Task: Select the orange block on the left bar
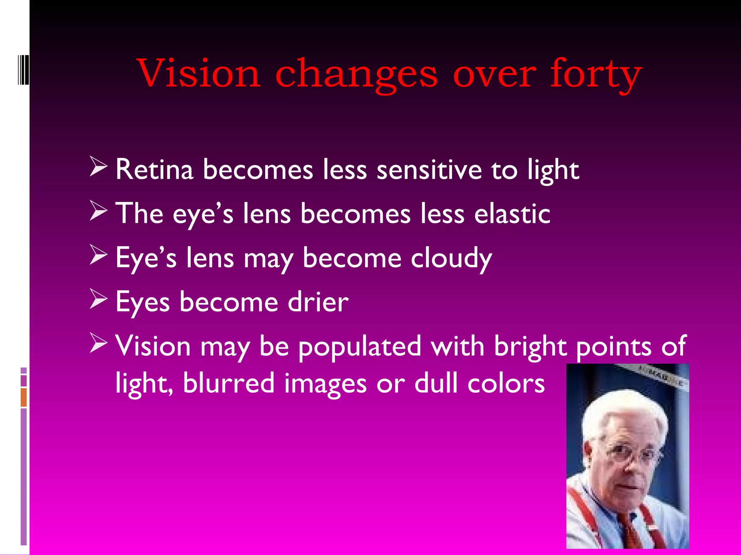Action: [x=24, y=397]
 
